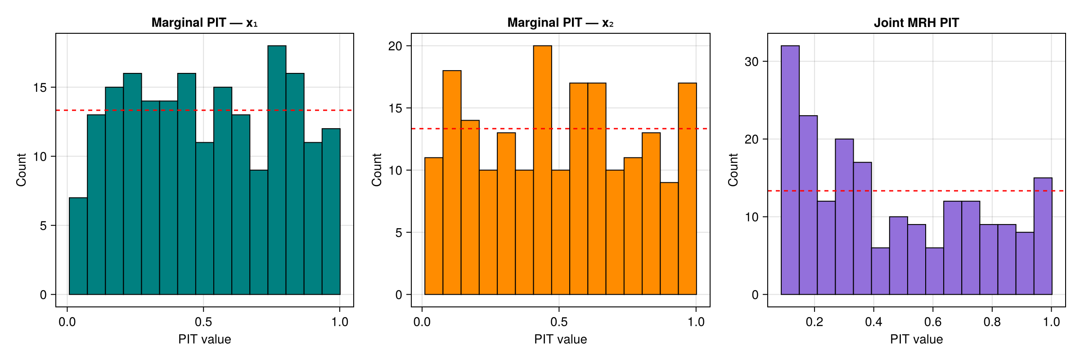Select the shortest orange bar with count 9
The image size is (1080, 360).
click(669, 238)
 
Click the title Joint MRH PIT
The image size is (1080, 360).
click(916, 22)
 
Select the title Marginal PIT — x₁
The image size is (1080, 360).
click(204, 22)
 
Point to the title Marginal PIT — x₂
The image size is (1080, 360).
click(560, 22)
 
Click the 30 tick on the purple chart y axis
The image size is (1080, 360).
click(751, 62)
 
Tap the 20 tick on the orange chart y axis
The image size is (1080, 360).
click(395, 46)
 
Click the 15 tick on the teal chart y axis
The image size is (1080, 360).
click(40, 87)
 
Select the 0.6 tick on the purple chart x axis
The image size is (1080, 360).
click(932, 322)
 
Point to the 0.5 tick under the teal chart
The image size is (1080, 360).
click(203, 322)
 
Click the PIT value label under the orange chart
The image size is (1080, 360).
click(560, 339)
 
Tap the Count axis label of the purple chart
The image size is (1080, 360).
click(733, 170)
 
